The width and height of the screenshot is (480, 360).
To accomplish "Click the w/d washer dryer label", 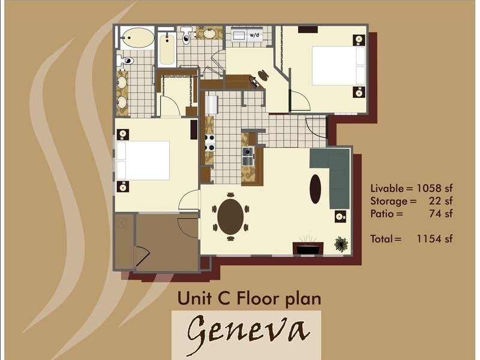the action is pos(254,35).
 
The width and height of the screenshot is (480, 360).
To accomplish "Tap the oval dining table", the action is pos(230,217).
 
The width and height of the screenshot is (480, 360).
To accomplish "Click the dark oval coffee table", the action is pos(316,189).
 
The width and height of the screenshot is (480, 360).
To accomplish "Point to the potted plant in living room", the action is pos(341,244).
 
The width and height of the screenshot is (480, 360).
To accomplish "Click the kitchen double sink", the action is pos(248,156).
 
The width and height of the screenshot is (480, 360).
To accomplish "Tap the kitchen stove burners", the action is pos(210,143).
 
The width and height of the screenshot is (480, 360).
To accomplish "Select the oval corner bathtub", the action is pos(137,38).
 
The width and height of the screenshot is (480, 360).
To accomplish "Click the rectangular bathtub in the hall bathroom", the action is pos(167,50).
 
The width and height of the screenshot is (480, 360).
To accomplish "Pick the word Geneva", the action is pos(247,332).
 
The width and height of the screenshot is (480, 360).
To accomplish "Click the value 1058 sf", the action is pos(434,188).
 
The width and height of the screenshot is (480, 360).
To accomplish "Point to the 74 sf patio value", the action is pos(441,214).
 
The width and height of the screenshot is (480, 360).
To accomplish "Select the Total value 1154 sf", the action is pos(434,238).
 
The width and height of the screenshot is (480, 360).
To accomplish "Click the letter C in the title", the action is pos(224,298).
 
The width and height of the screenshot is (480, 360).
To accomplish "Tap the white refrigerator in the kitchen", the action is pos(212,104).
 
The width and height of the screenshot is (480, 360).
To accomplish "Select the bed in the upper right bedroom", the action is pos(339,65).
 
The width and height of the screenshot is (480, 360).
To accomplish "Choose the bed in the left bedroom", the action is pos(143,160).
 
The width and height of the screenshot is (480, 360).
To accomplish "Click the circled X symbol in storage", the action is pos(122,222).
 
